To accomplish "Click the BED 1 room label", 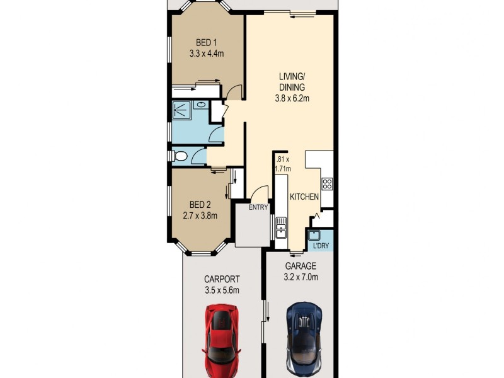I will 203,43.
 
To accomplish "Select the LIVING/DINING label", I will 292,82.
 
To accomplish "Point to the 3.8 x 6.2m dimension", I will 292,98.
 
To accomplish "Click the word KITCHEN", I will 304,197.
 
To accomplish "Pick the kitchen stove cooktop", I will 327,184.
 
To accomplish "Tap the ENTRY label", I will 258,207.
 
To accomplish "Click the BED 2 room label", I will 200,205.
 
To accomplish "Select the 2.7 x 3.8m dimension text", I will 200,215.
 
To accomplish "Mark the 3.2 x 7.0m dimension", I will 299,277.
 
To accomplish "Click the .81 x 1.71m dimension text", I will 282,164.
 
